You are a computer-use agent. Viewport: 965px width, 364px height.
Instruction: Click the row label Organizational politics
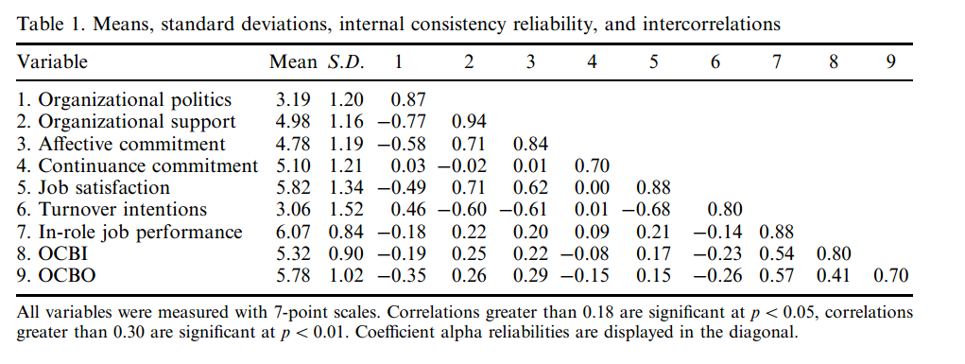125,100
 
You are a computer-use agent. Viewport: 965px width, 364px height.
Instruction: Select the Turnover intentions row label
112,209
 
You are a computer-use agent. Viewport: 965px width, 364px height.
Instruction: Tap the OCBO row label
56,275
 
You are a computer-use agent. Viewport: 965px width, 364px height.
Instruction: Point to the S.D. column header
345,62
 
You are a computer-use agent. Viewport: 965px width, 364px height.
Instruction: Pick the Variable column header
52,62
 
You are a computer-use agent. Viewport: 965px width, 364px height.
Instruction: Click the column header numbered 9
890,62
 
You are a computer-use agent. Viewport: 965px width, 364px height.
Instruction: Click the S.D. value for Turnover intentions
346,209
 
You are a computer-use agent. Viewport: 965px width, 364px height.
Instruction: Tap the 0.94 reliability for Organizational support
469,122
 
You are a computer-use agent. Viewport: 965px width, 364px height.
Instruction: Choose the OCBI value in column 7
777,253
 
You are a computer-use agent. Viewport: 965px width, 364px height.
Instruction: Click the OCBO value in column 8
834,275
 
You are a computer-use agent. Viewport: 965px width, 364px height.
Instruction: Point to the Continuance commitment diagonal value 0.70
592,165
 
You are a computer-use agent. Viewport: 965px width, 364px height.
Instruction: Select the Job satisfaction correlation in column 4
592,188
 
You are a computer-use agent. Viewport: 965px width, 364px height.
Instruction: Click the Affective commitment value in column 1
400,144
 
